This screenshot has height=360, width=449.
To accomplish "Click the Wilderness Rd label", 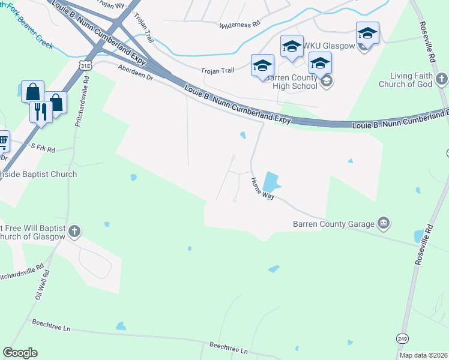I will click(240, 25).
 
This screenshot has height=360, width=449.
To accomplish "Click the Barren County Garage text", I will click(333, 224).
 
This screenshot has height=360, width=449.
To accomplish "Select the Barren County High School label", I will click(291, 82).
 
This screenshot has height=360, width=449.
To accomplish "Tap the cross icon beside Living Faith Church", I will click(441, 79).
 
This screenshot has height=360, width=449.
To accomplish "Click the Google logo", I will click(20, 353).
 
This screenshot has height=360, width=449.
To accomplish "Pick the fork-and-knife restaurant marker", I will click(41, 112).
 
